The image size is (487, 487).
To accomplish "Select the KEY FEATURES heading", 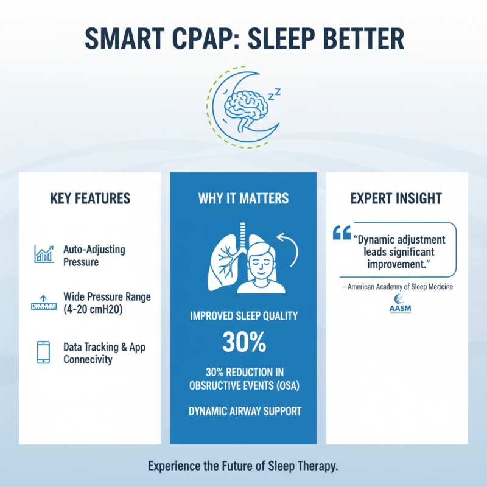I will (x=90, y=198).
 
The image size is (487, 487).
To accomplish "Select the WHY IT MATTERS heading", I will (x=243, y=198).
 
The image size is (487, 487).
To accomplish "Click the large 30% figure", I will (x=243, y=343).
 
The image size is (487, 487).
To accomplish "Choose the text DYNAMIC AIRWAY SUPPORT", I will (x=243, y=412).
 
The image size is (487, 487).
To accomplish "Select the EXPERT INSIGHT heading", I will (x=396, y=198).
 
